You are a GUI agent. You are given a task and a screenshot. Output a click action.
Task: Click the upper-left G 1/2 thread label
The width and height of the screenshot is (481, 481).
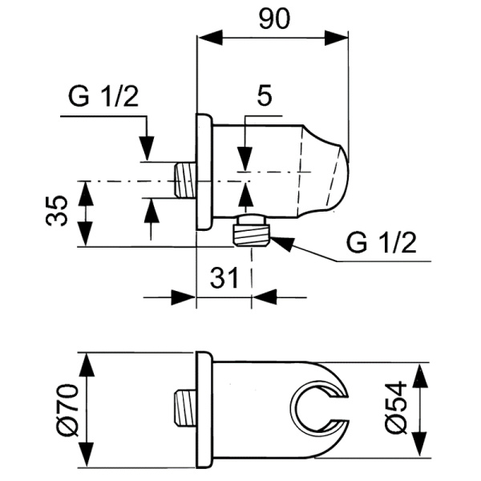point(103,98)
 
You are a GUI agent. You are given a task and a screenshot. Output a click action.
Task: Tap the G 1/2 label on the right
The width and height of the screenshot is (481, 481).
point(381,242)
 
